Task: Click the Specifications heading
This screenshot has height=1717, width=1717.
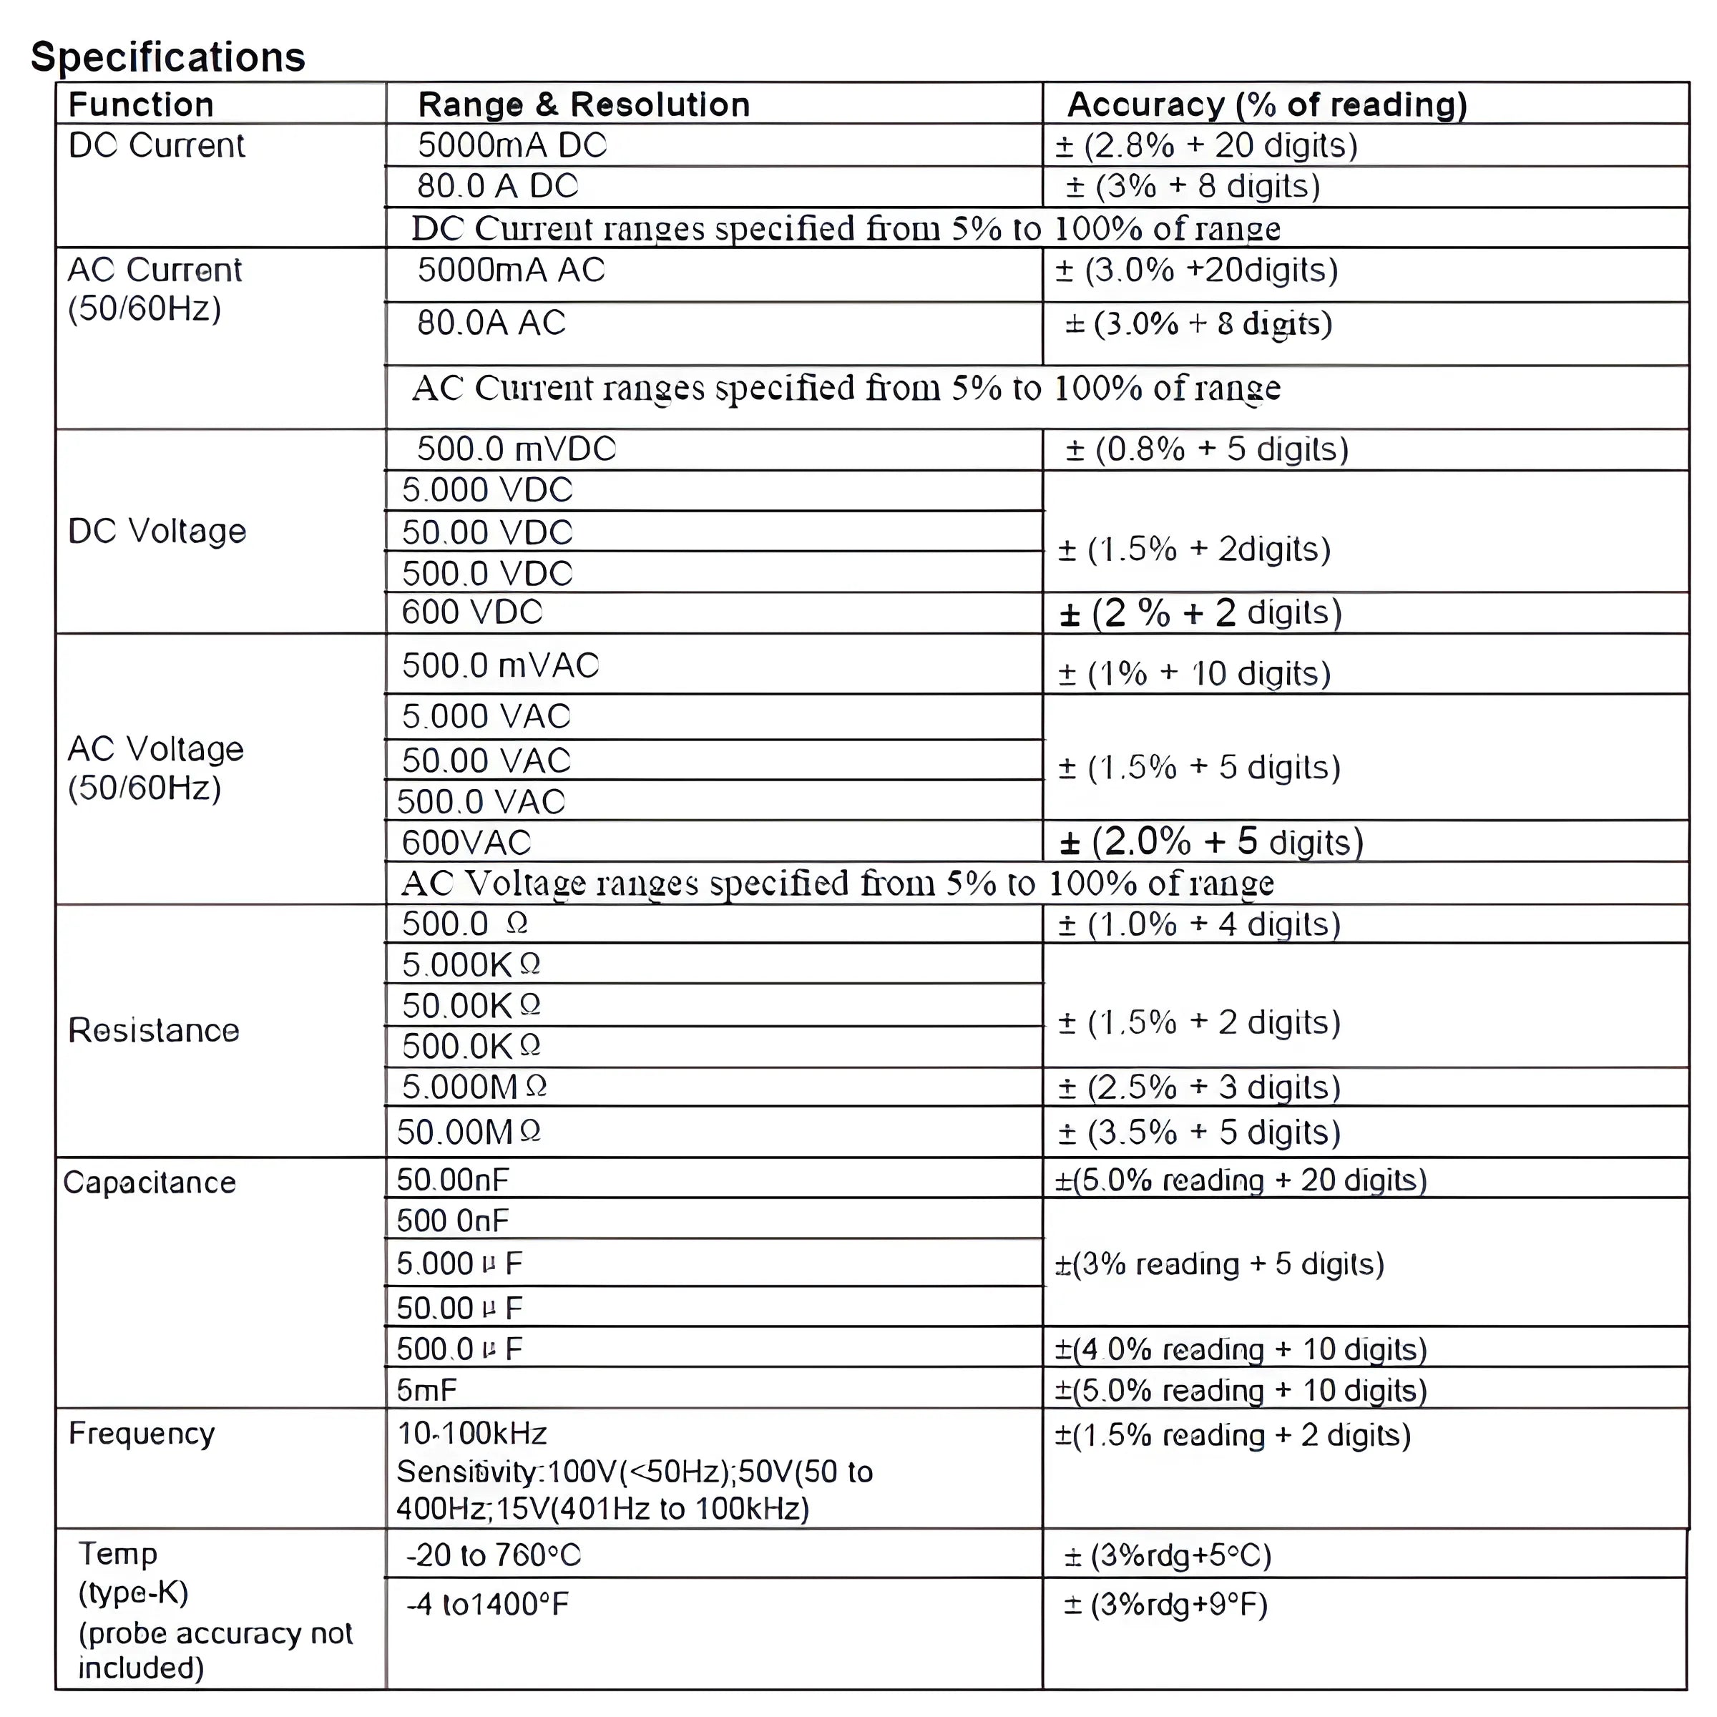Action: coord(168,57)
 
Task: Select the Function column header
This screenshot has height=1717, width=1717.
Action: coord(142,104)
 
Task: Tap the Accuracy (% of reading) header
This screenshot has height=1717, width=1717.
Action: coord(1266,104)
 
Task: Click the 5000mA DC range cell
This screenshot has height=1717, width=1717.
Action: coord(512,145)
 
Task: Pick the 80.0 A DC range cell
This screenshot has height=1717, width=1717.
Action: coord(498,186)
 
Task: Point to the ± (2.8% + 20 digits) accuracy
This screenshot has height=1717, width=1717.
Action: coord(1206,145)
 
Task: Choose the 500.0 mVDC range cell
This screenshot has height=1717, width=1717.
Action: coord(517,449)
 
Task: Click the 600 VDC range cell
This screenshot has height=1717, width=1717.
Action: coord(472,612)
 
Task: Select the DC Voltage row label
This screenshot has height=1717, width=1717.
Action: coord(157,531)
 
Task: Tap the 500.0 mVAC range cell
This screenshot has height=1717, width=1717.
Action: coord(500,665)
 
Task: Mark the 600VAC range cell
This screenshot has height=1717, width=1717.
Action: coord(466,841)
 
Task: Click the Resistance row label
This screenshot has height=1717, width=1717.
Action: coord(154,1030)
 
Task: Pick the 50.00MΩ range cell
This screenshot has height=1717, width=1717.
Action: coord(469,1131)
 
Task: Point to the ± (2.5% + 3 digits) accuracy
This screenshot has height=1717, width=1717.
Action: coord(1199,1087)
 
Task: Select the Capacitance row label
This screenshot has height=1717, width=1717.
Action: coord(150,1182)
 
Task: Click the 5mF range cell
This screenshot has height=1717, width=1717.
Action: coord(426,1390)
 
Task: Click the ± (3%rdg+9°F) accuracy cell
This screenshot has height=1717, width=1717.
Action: coord(1165,1604)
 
